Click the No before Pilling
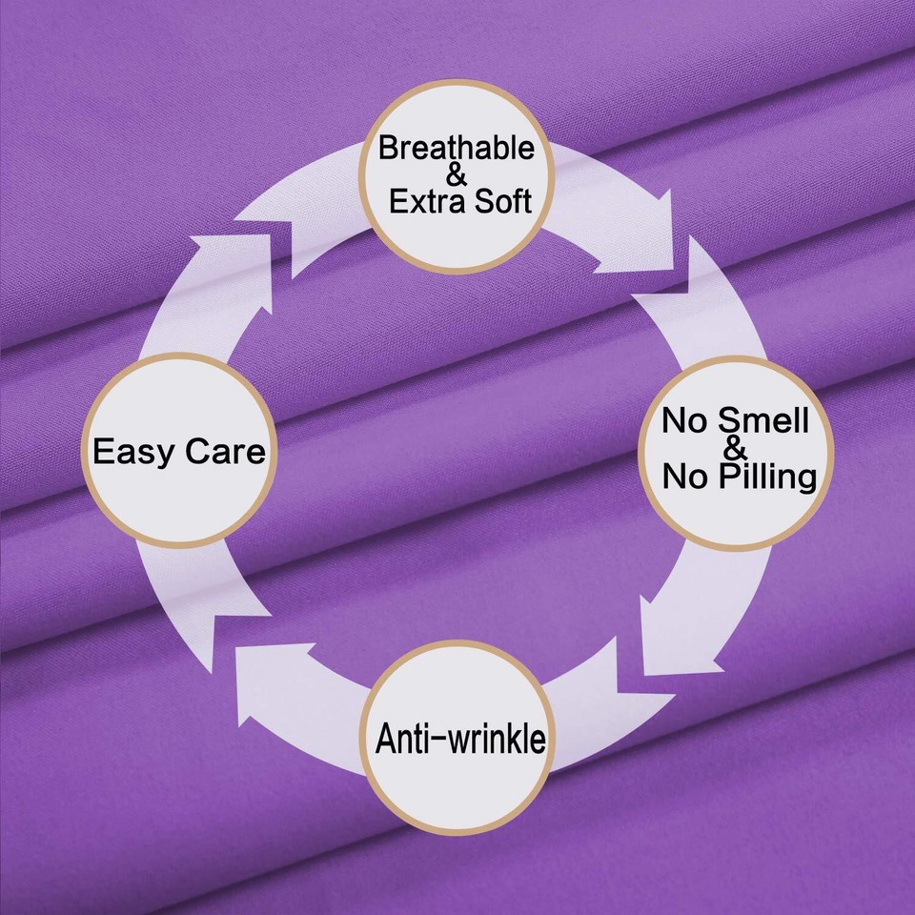685,476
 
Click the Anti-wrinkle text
461,738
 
